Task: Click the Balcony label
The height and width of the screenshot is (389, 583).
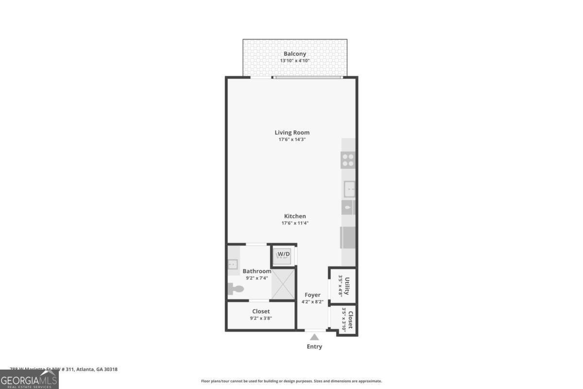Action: point(295,53)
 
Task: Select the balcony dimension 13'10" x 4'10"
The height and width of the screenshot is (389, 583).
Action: point(295,61)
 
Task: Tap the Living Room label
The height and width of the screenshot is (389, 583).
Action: point(292,132)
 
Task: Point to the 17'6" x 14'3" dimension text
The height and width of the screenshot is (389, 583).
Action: point(292,140)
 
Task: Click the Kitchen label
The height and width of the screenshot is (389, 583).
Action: point(295,216)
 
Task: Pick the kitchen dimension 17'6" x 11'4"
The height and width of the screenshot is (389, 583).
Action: point(295,223)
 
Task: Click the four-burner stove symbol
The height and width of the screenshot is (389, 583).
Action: point(348,160)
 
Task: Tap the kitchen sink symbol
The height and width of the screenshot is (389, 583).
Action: point(349,189)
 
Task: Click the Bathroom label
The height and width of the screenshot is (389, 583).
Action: point(257,271)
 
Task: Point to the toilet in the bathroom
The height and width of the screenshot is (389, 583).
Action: point(236,289)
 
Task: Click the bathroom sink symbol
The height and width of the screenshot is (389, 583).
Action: point(231,265)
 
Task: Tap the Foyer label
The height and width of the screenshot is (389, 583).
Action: point(312,295)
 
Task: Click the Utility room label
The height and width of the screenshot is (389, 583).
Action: point(347,285)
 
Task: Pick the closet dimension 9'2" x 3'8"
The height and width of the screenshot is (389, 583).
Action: point(261,318)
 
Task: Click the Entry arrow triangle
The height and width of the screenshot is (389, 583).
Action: point(314,337)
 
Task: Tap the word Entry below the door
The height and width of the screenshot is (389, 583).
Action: point(314,347)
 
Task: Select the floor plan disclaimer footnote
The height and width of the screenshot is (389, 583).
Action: point(291,381)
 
